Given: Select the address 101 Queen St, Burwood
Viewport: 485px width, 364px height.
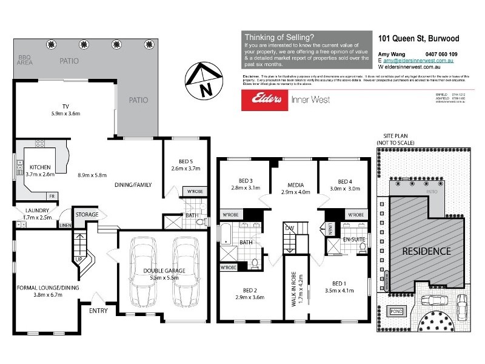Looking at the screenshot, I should (x=418, y=38).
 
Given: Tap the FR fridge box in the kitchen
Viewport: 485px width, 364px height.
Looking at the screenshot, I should (x=52, y=196).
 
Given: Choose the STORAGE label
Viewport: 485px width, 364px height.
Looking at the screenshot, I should (x=86, y=214).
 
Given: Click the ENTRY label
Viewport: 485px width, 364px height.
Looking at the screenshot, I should (x=98, y=311).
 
